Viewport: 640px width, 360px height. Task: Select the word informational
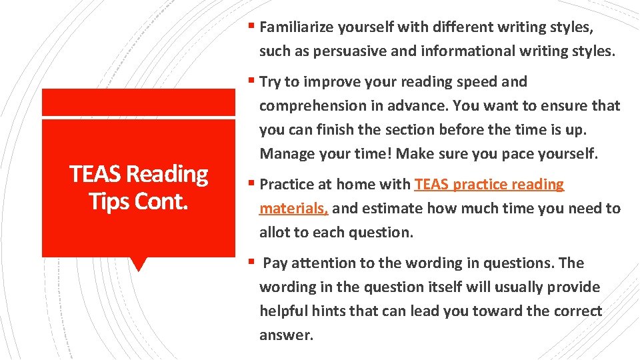[443, 51]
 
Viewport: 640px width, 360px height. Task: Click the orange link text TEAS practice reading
[489, 185]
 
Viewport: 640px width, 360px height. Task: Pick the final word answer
[285, 335]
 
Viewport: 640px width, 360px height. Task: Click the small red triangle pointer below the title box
[138, 264]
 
